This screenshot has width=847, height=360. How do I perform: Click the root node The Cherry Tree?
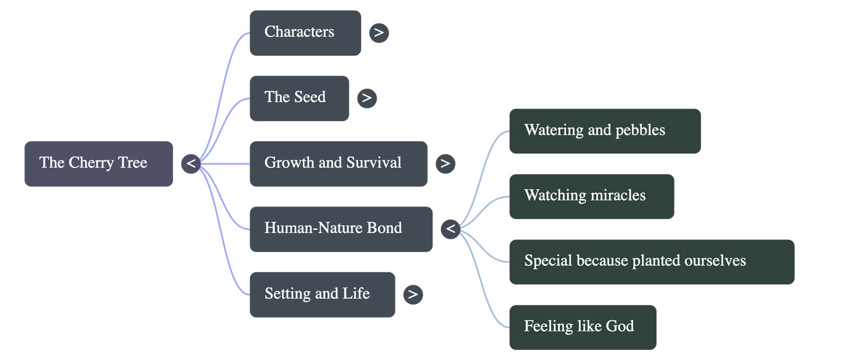pyautogui.click(x=98, y=163)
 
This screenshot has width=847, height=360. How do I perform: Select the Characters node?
pyautogui.click(x=305, y=32)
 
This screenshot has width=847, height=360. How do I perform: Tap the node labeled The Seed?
pyautogui.click(x=299, y=97)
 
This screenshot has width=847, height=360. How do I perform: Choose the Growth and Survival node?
pyautogui.click(x=338, y=163)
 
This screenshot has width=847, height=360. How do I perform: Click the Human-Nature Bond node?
pyautogui.click(x=340, y=229)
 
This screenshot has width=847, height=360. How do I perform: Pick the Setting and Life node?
pyautogui.click(x=322, y=294)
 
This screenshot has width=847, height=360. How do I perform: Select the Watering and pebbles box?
pyautogui.click(x=605, y=131)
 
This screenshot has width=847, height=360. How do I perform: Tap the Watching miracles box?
pyautogui.click(x=591, y=196)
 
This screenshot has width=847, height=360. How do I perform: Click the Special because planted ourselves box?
pyautogui.click(x=651, y=261)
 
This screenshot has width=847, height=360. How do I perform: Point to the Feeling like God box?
pyautogui.click(x=582, y=327)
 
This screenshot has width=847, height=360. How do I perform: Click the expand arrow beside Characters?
pyautogui.click(x=379, y=33)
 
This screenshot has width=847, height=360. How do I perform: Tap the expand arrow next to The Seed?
pyautogui.click(x=367, y=98)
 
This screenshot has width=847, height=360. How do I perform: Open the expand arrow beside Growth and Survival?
pyautogui.click(x=445, y=163)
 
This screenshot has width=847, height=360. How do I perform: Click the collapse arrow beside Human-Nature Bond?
pyautogui.click(x=450, y=229)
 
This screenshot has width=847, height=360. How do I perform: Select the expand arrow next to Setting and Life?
pyautogui.click(x=413, y=294)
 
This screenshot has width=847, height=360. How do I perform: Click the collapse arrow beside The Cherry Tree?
pyautogui.click(x=191, y=163)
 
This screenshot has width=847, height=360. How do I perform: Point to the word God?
pyautogui.click(x=620, y=326)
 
